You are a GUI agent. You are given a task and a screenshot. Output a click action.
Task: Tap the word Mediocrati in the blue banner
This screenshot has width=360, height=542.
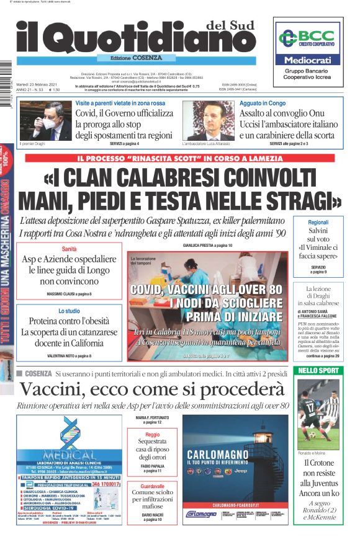click(308, 61)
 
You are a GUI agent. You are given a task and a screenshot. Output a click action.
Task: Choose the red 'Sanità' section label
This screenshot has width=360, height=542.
click(69, 248)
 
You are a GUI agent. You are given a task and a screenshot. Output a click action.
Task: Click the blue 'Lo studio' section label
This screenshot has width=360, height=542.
click(69, 311)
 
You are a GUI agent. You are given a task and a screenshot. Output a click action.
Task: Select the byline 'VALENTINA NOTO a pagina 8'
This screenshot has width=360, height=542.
click(69, 355)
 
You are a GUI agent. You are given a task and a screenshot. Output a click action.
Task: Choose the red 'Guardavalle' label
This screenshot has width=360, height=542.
click(152, 485)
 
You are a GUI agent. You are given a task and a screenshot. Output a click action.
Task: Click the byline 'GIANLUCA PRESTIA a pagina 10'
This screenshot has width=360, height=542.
click(190, 246)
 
